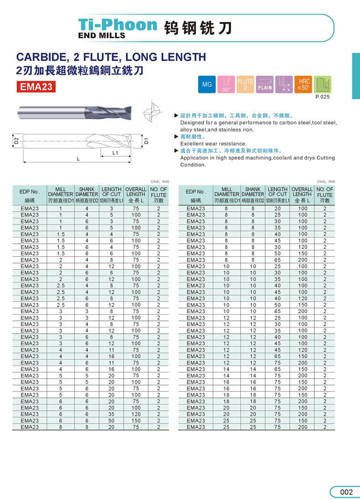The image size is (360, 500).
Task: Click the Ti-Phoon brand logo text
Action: (117, 24)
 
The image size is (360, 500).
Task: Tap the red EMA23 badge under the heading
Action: (36, 87)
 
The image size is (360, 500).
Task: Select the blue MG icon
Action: (207, 84)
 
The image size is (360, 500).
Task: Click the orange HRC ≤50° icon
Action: (303, 84)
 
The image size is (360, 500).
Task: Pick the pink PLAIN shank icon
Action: (265, 84)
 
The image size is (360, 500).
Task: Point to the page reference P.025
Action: (322, 97)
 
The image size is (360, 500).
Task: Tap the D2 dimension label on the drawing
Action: (16, 141)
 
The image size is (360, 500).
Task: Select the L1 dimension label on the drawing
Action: (115, 153)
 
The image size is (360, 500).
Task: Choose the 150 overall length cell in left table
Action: (136, 421)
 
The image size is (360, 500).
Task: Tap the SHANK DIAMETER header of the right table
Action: (253, 192)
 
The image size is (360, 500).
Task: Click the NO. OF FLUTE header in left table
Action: (158, 195)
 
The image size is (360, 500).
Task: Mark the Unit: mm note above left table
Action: (160, 182)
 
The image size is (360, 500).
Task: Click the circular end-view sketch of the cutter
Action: (154, 112)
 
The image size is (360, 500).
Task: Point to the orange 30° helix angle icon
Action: (226, 84)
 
